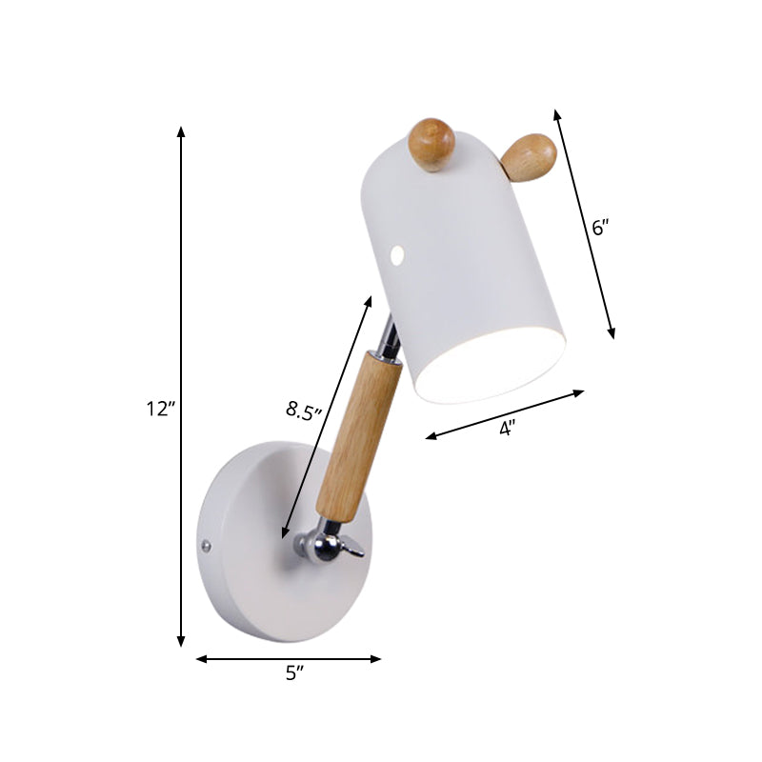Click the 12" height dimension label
tap(161, 411)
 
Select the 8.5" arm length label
tap(305, 411)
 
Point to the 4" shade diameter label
tap(507, 429)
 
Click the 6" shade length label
tap(599, 228)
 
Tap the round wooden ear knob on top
tap(431, 144)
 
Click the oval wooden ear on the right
tap(528, 157)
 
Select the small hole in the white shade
tap(397, 254)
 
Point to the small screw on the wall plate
tap(207, 546)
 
